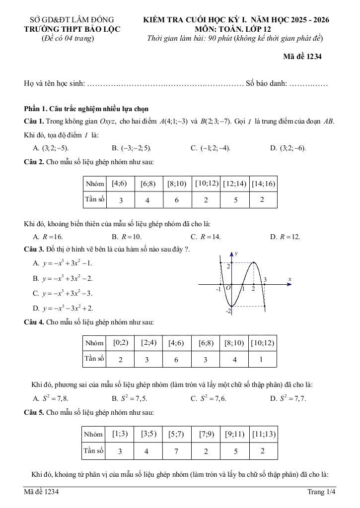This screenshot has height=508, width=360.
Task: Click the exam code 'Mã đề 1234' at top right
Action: (302, 57)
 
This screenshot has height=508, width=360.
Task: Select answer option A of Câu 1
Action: (51, 148)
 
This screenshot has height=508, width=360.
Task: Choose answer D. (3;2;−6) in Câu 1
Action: (288, 148)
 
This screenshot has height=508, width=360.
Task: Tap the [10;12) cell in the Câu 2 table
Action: (207, 184)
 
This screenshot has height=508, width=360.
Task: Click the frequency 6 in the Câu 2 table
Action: (176, 200)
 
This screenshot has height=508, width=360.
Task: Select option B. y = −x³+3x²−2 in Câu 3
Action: (63, 278)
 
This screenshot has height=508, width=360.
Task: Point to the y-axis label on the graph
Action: (236, 254)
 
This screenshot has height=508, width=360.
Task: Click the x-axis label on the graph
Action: (289, 280)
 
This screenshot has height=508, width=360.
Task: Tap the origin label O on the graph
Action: (228, 288)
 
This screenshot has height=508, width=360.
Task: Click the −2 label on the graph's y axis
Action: (229, 311)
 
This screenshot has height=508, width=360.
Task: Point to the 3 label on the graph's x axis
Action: (265, 280)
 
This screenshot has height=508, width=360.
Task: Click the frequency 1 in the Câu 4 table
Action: (262, 359)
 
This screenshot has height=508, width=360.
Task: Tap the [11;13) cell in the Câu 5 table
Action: (263, 434)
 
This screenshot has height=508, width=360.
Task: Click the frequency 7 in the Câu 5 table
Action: (176, 451)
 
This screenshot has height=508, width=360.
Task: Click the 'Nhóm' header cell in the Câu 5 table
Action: (93, 435)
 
